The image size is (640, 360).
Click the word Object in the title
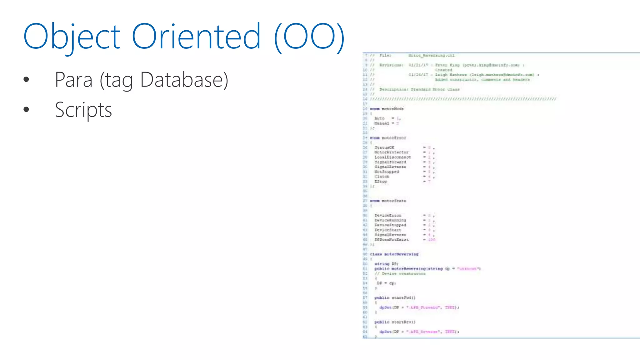(72, 37)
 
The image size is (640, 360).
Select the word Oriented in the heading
(196, 37)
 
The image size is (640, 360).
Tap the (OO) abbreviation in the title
(309, 37)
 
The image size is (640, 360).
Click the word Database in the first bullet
(184, 80)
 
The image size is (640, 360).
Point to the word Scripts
(83, 110)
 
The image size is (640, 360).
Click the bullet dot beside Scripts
(26, 109)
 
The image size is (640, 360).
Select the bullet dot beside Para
(26, 79)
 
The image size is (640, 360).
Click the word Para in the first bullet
(74, 80)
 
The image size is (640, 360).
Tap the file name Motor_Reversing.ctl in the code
(431, 55)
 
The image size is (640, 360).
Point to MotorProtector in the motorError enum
(392, 152)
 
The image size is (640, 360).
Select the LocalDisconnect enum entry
(392, 157)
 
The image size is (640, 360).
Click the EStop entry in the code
(381, 181)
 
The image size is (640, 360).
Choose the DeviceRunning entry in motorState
(390, 220)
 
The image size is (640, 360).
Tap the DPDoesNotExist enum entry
(391, 239)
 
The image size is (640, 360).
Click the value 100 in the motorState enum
(432, 239)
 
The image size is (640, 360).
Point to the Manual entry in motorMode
(382, 123)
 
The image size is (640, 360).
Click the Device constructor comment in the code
(400, 273)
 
